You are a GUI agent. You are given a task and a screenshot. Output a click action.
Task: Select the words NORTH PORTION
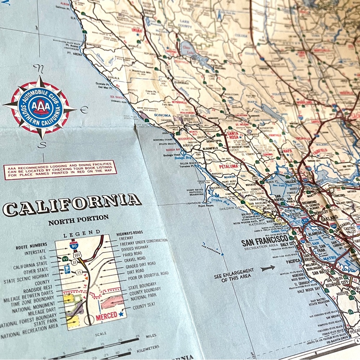[78, 218]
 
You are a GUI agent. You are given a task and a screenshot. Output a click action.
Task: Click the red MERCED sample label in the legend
[107, 315]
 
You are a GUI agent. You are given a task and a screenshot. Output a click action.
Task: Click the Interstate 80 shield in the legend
[73, 246]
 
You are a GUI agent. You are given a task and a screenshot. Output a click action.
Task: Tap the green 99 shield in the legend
[66, 258]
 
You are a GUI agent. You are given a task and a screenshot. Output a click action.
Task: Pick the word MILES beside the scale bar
[151, 336]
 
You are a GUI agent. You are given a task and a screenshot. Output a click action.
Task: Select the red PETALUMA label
[229, 166]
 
